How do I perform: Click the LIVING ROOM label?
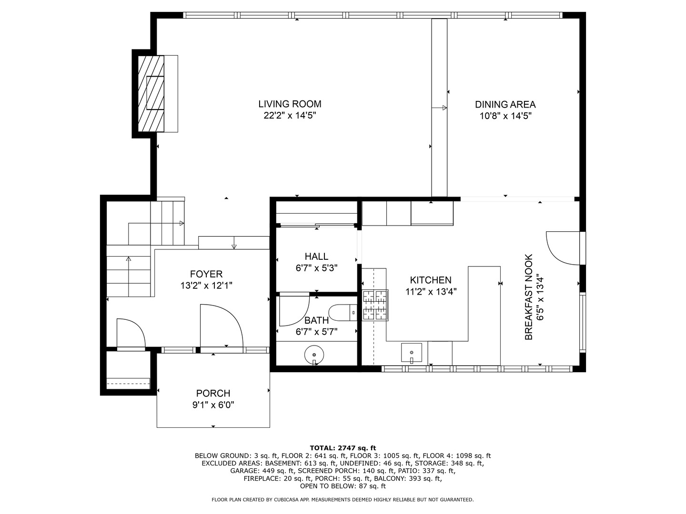(x=290, y=104)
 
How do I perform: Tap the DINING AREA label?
(x=505, y=104)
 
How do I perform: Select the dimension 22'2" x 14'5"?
(x=290, y=116)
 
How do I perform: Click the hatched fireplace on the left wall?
(x=151, y=94)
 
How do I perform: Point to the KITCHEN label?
(x=431, y=280)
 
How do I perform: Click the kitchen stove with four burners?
(x=375, y=305)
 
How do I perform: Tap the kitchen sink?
(x=411, y=353)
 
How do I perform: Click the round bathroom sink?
(x=314, y=355)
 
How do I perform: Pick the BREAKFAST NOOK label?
(x=528, y=297)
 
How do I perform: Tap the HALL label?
(x=316, y=257)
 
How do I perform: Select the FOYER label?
(x=206, y=274)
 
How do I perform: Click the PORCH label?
(x=213, y=393)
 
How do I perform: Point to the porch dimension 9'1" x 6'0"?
(x=213, y=405)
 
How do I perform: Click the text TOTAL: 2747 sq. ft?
(x=343, y=448)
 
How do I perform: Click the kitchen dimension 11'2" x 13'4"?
(x=431, y=292)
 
